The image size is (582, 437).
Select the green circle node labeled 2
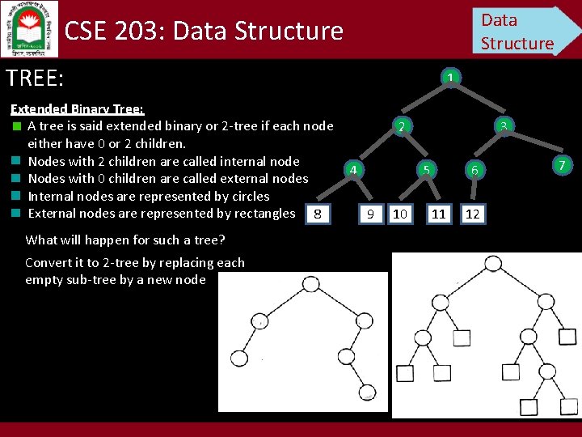pyautogui.click(x=401, y=126)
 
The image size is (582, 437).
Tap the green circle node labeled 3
pyautogui.click(x=503, y=126)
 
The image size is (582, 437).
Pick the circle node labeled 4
pyautogui.click(x=352, y=169)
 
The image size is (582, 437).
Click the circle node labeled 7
pyautogui.click(x=563, y=166)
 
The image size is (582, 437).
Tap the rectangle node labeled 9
pyautogui.click(x=370, y=214)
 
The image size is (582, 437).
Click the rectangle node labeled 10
pyautogui.click(x=399, y=214)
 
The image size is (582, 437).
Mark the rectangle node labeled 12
pyautogui.click(x=473, y=214)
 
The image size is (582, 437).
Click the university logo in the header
pyautogui.click(x=29, y=28)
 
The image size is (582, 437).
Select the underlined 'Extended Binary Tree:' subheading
pyautogui.click(x=77, y=108)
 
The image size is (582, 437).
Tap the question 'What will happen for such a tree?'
pyautogui.click(x=125, y=240)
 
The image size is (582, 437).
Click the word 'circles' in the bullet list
pyautogui.click(x=248, y=196)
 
